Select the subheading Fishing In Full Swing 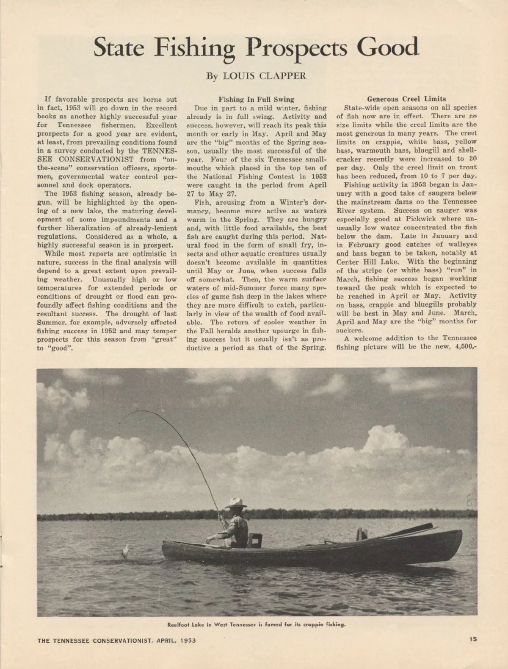pos(256,99)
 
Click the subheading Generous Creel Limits pos(406,99)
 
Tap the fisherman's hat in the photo pos(236,503)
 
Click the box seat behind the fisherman pos(255,540)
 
